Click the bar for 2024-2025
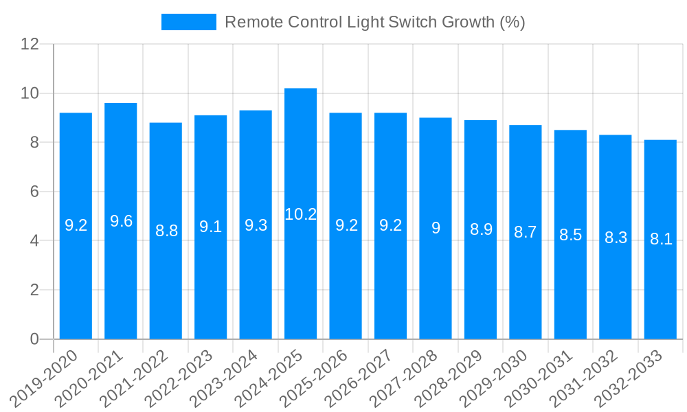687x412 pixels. (x=300, y=214)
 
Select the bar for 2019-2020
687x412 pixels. (x=76, y=226)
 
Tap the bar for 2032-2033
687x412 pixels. (x=660, y=240)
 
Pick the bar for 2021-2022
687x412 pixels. (x=166, y=231)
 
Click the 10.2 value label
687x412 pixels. (x=300, y=214)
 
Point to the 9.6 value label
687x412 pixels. (x=121, y=221)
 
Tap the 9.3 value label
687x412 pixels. (x=256, y=225)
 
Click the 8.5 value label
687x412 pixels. (x=570, y=235)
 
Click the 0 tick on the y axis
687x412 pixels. (x=34, y=339)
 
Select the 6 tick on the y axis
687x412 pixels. (x=34, y=192)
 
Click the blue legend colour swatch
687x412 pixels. (x=188, y=22)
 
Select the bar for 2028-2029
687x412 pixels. (x=480, y=229)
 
